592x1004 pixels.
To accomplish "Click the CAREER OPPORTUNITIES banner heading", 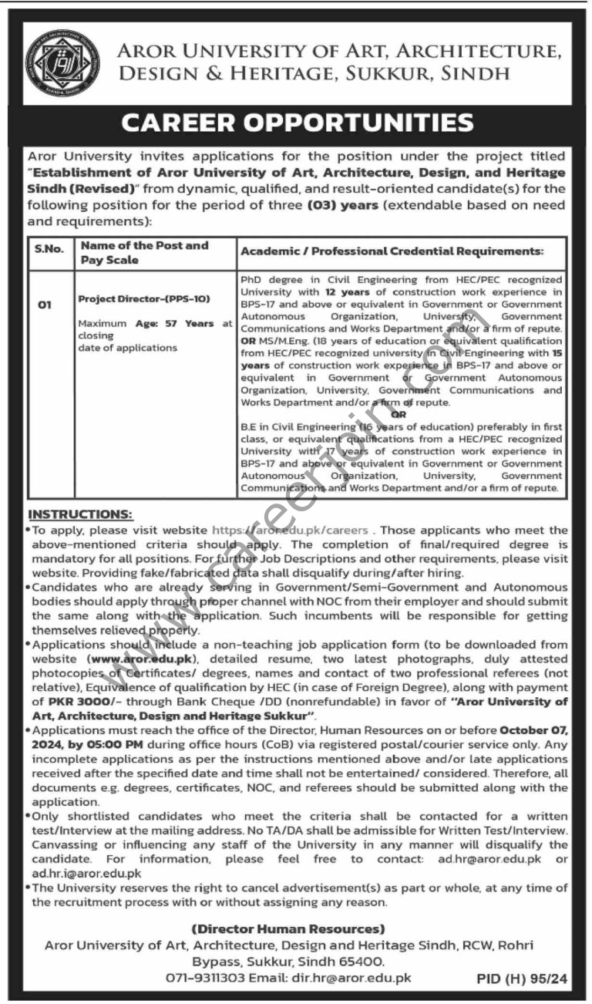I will coord(297,122).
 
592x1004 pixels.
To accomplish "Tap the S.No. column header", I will coord(47,252).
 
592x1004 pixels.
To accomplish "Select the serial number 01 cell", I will coord(45,305).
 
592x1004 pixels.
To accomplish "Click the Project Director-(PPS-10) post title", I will coord(143,298).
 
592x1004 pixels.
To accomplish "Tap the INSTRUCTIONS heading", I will coord(80,514).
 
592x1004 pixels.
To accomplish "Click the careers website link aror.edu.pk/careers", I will coord(295,531).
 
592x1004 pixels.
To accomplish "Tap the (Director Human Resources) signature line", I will coord(288,929).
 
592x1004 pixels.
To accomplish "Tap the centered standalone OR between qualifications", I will coord(399,414).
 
